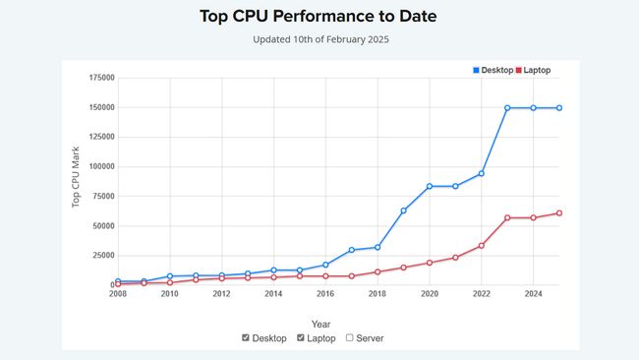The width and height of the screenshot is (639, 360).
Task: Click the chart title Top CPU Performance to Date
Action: (319, 16)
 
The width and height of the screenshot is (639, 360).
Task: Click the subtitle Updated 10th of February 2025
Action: (319, 39)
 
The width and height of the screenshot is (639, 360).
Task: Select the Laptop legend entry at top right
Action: (536, 70)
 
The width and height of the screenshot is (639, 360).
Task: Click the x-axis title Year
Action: (320, 324)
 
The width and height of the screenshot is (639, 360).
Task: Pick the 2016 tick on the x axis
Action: (325, 293)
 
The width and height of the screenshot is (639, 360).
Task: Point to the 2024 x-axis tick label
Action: (533, 293)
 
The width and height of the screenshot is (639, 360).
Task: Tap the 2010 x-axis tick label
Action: (170, 293)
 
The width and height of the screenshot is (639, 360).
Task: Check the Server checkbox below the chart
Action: (352, 338)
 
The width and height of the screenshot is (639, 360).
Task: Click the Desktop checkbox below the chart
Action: (246, 338)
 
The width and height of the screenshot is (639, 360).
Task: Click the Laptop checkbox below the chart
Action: (301, 338)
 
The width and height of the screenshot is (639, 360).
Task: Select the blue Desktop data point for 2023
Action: (507, 108)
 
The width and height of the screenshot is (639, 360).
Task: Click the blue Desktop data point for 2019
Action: (403, 210)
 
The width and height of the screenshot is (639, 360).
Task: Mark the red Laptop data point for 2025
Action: (559, 212)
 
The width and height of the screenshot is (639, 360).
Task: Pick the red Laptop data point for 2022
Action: (482, 246)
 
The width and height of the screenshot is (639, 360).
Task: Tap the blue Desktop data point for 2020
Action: (430, 186)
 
